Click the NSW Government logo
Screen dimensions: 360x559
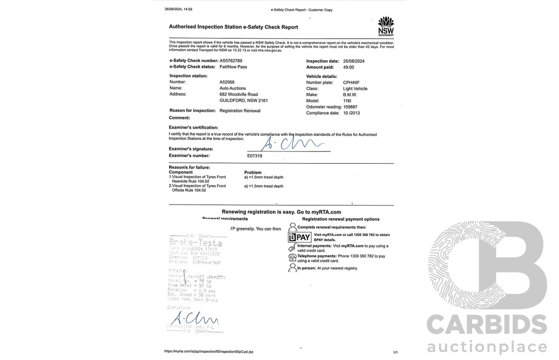386,26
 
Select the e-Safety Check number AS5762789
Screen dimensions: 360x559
231,61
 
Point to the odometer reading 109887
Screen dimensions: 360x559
353,107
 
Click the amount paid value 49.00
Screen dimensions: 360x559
349,67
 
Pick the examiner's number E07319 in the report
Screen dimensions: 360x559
255,155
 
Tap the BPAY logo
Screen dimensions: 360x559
300,237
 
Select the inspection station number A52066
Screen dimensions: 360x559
227,82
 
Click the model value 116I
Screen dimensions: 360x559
347,101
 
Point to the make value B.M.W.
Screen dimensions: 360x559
350,95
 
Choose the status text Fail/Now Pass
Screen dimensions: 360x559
233,67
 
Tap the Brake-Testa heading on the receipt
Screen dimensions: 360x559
195,243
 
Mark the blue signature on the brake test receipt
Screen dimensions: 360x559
192,317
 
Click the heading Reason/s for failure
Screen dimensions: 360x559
190,167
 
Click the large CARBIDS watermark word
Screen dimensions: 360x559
487,326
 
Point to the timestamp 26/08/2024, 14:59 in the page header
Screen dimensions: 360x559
178,9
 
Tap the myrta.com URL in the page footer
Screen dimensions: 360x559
209,351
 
